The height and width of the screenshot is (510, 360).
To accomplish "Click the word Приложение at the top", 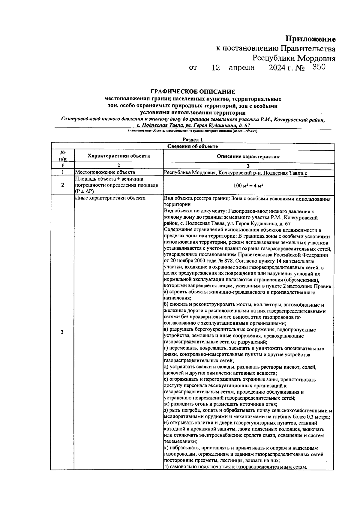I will (310, 39).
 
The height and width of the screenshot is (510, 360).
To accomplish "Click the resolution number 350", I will (319, 67).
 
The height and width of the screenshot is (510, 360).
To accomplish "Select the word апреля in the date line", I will (241, 68).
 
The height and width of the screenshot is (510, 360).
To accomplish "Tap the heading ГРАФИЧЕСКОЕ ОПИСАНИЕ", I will (193, 91).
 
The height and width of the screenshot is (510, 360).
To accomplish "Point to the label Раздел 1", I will (193, 139).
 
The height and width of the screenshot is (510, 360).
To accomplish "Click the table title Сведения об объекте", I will (193, 146).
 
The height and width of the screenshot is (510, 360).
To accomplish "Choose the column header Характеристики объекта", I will (118, 156).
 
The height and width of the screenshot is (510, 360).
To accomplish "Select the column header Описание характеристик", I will (248, 156).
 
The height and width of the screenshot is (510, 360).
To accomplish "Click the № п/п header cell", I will (62, 156).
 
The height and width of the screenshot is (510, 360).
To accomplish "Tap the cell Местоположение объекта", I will (105, 172).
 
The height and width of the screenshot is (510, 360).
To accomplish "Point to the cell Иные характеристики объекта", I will (110, 198).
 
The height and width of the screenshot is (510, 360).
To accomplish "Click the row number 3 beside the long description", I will (62, 332).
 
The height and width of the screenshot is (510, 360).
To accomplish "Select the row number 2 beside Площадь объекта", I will (62, 185).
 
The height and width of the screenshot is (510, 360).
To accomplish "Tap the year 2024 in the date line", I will (277, 68).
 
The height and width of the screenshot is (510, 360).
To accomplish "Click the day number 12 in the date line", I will (216, 68).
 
